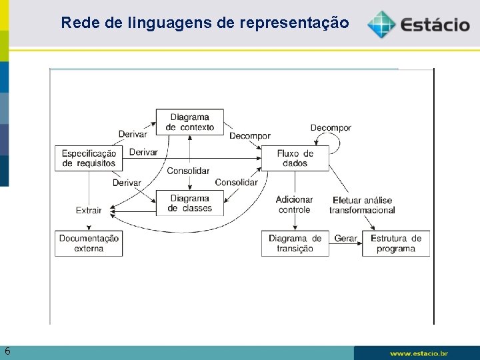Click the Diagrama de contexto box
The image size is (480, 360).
(190, 122)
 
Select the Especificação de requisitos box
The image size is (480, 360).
(89, 158)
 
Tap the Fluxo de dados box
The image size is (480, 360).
(295, 158)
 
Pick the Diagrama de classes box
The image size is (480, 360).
(190, 203)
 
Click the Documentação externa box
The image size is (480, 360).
(89, 243)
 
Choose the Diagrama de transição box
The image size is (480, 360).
(295, 243)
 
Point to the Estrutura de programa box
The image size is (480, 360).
(396, 243)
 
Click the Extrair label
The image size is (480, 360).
(89, 210)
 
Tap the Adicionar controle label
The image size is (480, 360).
(294, 204)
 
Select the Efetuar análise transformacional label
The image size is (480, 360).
(362, 205)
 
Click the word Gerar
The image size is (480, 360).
(346, 238)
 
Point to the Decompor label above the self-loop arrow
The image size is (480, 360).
(331, 127)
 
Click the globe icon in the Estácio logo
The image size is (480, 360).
(381, 25)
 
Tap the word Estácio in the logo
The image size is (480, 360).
(435, 26)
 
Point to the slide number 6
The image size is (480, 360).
(7, 351)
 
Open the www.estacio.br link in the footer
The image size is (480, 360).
(419, 353)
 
